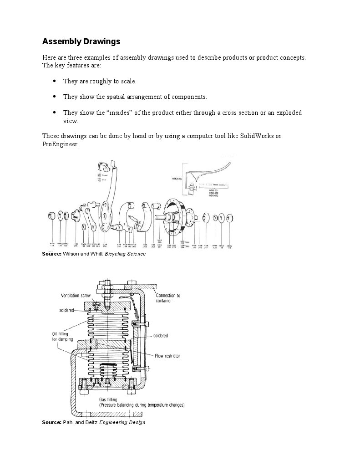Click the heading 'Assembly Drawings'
point(81,41)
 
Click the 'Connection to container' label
point(165,298)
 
